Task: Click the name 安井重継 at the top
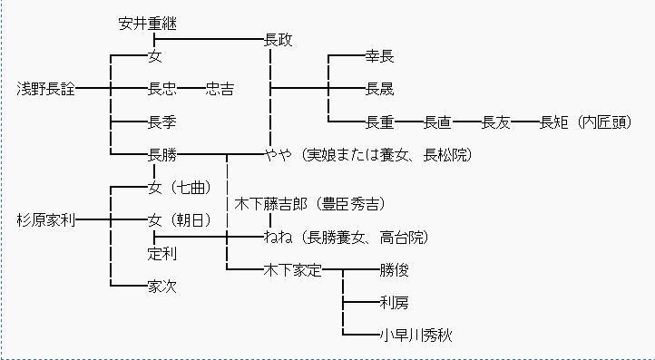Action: [153, 24]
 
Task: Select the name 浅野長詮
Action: [47, 89]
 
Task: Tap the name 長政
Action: [278, 41]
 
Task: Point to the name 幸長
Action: [379, 57]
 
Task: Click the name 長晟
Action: [379, 89]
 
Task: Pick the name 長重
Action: [379, 122]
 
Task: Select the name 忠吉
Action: [219, 89]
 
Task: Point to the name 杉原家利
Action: [47, 219]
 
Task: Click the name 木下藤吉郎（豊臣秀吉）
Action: [322, 203]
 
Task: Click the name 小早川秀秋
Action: [415, 335]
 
